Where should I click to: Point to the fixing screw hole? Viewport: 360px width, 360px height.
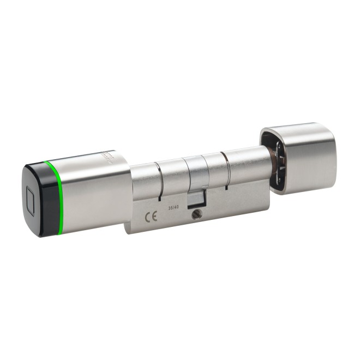(196, 215)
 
